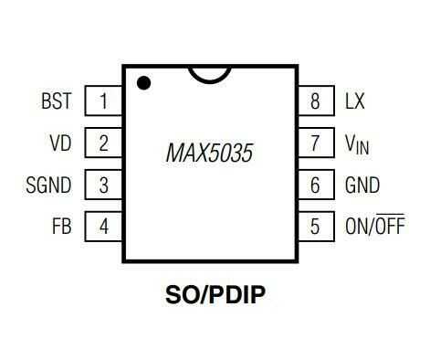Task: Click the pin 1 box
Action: (x=104, y=101)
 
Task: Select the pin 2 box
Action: (x=104, y=143)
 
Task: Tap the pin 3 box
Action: (x=104, y=185)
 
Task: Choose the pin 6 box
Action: (x=316, y=185)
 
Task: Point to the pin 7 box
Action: (x=316, y=143)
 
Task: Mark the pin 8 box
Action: (x=316, y=101)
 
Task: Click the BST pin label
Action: (x=57, y=101)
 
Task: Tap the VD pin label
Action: (x=60, y=143)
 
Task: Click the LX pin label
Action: (x=355, y=101)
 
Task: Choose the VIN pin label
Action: (x=357, y=143)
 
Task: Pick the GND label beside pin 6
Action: (x=361, y=185)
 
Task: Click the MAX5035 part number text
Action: (x=209, y=152)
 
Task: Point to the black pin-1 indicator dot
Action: (x=144, y=83)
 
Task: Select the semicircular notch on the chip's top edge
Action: (x=209, y=72)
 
